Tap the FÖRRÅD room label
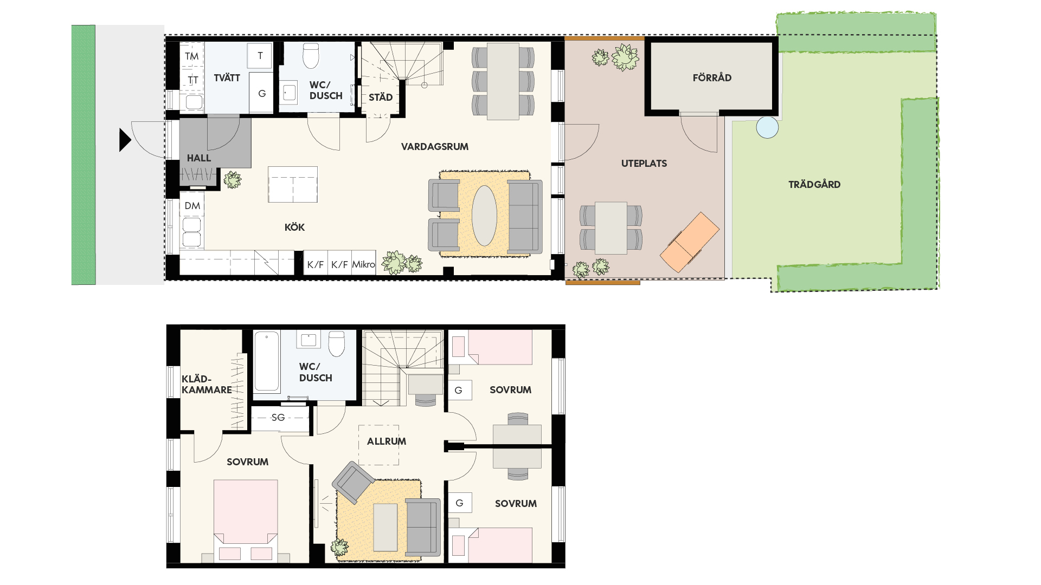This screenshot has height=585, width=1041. [712, 78]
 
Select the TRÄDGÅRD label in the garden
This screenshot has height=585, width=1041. [814, 185]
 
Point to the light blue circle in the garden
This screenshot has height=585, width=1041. [767, 128]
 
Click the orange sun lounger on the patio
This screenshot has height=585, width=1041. [690, 242]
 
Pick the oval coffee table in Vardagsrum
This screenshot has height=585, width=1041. [484, 216]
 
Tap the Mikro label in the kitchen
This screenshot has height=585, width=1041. [363, 264]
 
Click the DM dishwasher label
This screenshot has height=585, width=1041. [192, 206]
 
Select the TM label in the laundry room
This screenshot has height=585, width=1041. [191, 56]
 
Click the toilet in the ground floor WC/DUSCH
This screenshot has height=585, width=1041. [311, 56]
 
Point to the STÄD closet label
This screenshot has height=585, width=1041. [381, 97]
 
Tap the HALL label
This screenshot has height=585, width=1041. [199, 158]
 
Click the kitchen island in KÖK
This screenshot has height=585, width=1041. [293, 185]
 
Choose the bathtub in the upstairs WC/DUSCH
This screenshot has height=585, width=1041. [267, 361]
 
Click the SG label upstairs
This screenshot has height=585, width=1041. [278, 417]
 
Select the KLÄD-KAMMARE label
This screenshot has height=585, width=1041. [207, 385]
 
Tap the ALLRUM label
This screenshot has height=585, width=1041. [387, 441]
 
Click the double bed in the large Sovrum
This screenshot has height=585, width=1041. [246, 520]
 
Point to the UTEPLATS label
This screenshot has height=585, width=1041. [644, 164]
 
